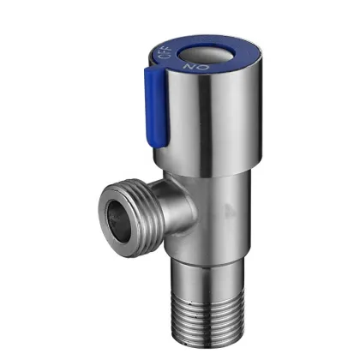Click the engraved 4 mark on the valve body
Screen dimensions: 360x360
pos(226,207)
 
